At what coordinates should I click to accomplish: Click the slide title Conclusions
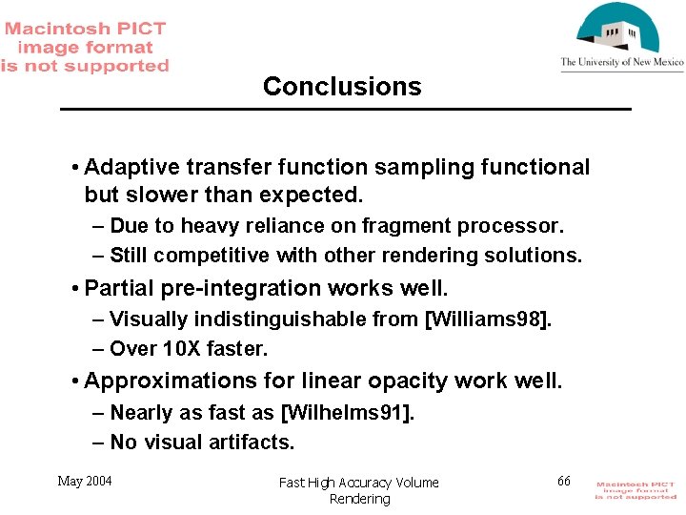(x=342, y=87)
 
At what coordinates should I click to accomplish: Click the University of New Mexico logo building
(x=620, y=31)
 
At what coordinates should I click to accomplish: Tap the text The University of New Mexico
(x=621, y=63)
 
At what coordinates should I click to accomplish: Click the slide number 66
(x=564, y=481)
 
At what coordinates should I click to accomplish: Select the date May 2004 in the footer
(x=85, y=481)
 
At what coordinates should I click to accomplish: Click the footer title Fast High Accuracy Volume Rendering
(x=359, y=490)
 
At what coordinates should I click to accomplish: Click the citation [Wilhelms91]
(x=348, y=413)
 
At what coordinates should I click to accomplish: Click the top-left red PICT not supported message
(x=85, y=48)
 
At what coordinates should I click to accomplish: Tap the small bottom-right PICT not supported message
(x=636, y=490)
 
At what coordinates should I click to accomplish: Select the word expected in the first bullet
(x=313, y=195)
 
